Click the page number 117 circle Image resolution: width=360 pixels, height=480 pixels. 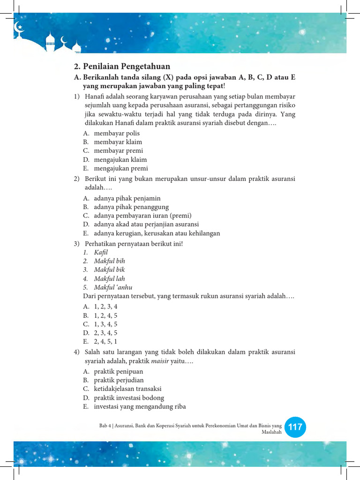click(295, 427)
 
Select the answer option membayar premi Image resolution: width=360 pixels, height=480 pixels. click(118, 150)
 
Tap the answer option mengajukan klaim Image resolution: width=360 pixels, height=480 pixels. click(120, 159)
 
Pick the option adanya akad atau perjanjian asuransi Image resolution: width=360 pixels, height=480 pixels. click(146, 225)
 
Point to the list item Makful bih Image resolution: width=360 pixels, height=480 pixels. click(109, 261)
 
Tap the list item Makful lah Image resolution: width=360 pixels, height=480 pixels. click(109, 278)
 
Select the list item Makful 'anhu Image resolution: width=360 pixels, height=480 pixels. click(113, 287)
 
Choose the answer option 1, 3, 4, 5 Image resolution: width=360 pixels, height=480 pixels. click(105, 324)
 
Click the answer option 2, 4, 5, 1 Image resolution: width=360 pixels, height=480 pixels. click(105, 341)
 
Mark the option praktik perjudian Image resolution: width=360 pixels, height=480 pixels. click(119, 380)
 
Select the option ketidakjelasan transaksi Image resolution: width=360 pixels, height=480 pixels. click(128, 389)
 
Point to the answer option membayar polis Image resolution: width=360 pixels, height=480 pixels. click(117, 133)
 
